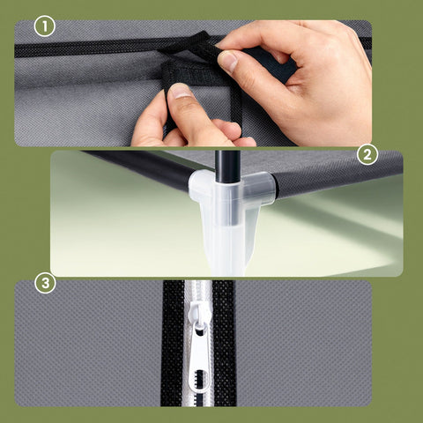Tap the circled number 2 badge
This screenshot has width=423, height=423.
pos(367,156)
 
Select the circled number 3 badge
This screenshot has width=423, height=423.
pos(44,285)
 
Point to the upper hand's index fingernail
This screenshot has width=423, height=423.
pos(227,61)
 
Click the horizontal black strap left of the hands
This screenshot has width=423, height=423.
pos(88,46)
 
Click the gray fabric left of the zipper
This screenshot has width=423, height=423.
pos(88,344)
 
